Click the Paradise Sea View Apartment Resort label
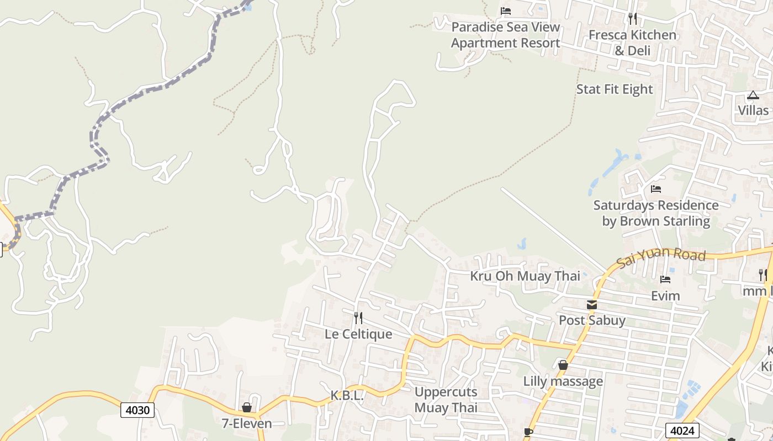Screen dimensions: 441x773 coord(505,35)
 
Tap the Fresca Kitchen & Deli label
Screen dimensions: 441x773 coord(632,42)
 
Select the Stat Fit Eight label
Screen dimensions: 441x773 coord(615,89)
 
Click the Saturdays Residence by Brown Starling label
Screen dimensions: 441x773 coord(656,213)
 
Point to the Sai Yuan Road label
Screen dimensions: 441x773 coord(661,257)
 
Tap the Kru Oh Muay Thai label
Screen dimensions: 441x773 coord(525,276)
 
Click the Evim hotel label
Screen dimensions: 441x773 coord(665,296)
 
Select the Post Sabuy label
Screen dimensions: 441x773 coord(592,320)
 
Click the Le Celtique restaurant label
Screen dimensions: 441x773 coord(358,334)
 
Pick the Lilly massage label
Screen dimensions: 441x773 coord(563,381)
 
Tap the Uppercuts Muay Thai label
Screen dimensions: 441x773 coord(446,400)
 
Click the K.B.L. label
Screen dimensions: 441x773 coord(347,396)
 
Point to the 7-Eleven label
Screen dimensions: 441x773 coord(247,423)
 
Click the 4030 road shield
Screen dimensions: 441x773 coord(137,410)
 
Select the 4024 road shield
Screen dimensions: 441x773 coord(682,431)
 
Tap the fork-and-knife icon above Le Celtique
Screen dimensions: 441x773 coord(358,318)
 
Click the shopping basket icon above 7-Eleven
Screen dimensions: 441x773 coord(247,408)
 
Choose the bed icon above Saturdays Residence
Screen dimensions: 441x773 coord(656,189)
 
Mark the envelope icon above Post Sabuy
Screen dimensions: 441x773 coord(592,305)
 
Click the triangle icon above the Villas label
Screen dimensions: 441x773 coord(753,95)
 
